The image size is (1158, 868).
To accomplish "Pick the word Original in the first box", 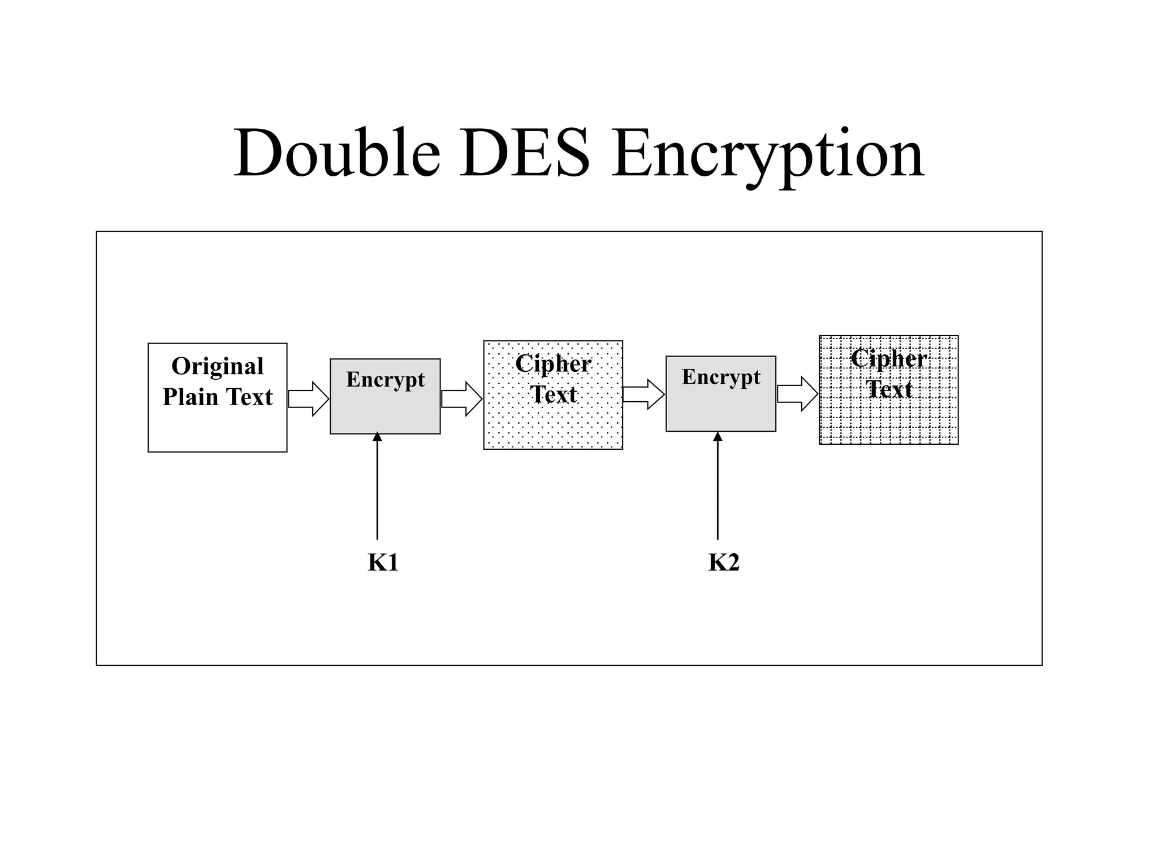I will (217, 366).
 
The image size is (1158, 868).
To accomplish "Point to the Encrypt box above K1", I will (385, 407).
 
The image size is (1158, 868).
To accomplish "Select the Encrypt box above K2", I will (720, 404).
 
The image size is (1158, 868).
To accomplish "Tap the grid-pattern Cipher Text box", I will (888, 418).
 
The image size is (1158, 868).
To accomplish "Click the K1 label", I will (383, 563).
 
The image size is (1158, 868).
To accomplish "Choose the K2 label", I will (724, 563).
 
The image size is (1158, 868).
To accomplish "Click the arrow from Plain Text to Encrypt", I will (308, 399).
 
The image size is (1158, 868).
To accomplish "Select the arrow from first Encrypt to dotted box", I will (461, 399).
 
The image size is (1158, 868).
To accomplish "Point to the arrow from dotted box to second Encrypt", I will (643, 394).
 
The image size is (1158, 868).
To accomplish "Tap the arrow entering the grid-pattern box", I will (797, 393).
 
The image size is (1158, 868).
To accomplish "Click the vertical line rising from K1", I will (377, 492).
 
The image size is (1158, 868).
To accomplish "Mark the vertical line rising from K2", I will (718, 492).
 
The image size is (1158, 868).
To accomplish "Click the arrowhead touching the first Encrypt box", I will (377, 437).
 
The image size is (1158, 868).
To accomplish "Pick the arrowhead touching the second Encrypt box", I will (718, 437).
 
